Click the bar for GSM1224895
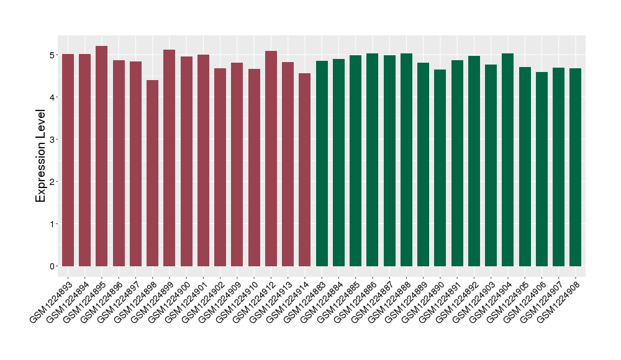102,156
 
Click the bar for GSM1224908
576,167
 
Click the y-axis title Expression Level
41,156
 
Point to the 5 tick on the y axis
51,55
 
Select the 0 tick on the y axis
51,266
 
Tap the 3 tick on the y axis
51,140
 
